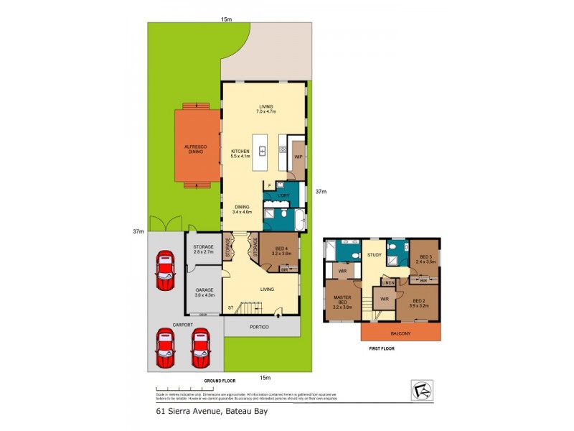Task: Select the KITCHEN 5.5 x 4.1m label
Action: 240,154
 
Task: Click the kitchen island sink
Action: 263,151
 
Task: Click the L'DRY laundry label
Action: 284,195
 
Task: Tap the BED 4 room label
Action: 280,251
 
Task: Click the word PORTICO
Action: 259,327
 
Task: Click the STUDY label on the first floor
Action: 374,254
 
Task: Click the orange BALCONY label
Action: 400,333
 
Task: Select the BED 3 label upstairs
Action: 425,259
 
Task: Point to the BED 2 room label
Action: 420,303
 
